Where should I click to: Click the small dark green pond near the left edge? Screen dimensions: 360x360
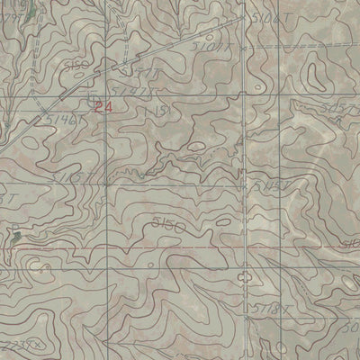point(15,236)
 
